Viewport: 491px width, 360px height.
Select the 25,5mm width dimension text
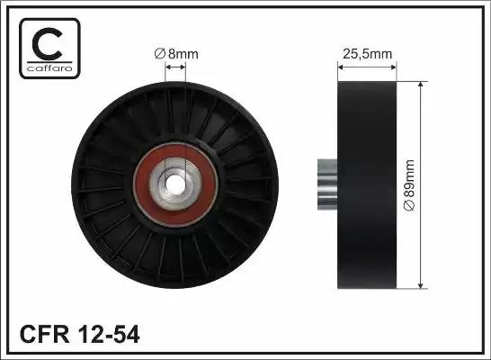(367, 53)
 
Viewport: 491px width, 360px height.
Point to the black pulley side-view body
(367, 184)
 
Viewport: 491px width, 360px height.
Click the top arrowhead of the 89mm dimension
(423, 83)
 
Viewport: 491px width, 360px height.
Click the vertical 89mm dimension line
(423, 135)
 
